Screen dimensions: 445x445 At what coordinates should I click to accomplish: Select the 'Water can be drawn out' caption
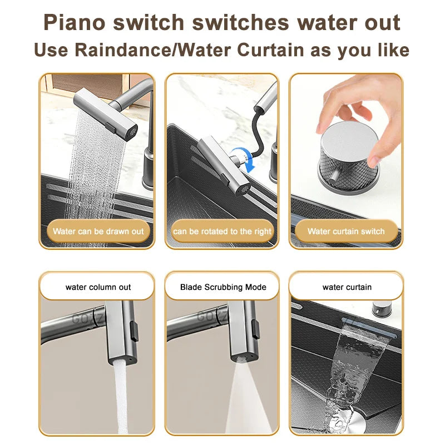(98, 231)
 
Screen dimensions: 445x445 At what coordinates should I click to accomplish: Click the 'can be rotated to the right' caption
(222, 231)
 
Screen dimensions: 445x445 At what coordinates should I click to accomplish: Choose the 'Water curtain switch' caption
(346, 231)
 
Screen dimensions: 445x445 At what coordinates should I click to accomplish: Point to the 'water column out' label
(98, 287)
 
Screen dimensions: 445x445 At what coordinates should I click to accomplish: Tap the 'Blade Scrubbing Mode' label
(222, 287)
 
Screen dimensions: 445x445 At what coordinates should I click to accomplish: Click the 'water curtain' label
(347, 287)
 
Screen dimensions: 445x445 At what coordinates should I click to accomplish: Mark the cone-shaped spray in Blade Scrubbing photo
(241, 400)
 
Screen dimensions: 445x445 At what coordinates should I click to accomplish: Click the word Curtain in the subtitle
(274, 50)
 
